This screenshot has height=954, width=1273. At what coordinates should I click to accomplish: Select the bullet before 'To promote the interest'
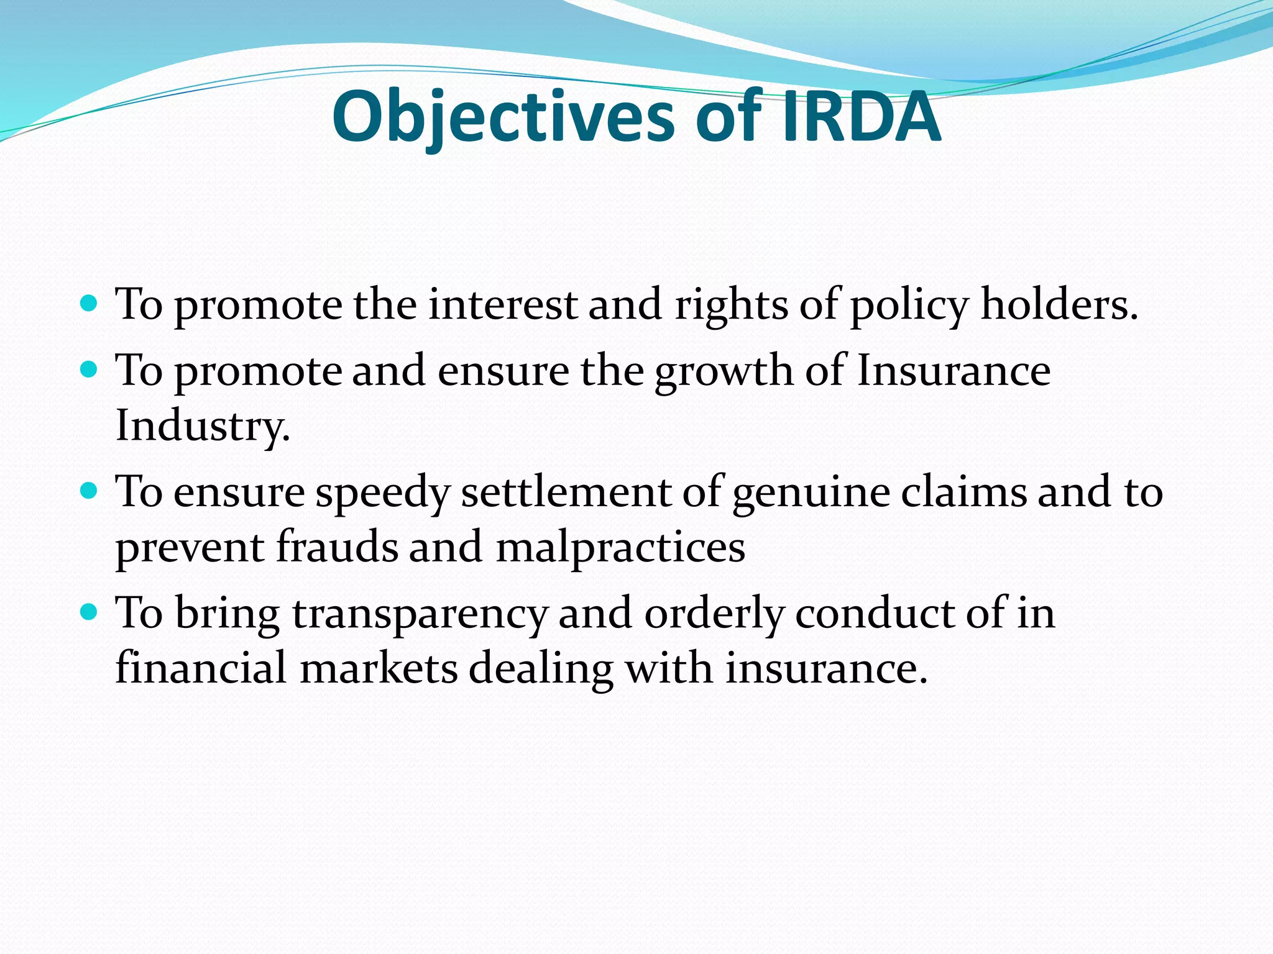click(90, 304)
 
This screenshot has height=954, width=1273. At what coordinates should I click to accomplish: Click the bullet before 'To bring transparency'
click(90, 612)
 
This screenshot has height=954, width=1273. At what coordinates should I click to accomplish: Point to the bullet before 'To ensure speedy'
click(90, 491)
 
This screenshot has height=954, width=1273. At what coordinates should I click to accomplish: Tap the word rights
click(731, 306)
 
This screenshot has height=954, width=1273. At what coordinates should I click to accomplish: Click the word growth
click(724, 371)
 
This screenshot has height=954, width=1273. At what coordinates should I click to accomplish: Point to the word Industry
click(202, 427)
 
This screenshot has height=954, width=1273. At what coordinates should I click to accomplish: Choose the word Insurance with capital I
click(954, 371)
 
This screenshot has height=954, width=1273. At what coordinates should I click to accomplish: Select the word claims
click(964, 491)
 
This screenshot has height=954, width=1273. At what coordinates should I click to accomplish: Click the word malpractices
click(620, 548)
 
